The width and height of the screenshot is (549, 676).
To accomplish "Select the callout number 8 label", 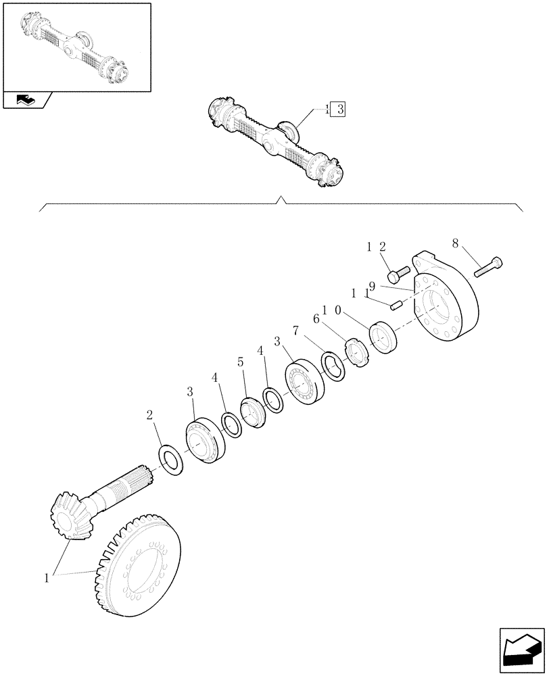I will coord(454,241).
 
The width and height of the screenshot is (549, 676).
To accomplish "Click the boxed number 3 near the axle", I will coord(338,109).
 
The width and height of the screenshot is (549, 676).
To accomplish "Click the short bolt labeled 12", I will coord(398,274).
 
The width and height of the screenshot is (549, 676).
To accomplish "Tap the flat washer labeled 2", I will coord(174,459).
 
